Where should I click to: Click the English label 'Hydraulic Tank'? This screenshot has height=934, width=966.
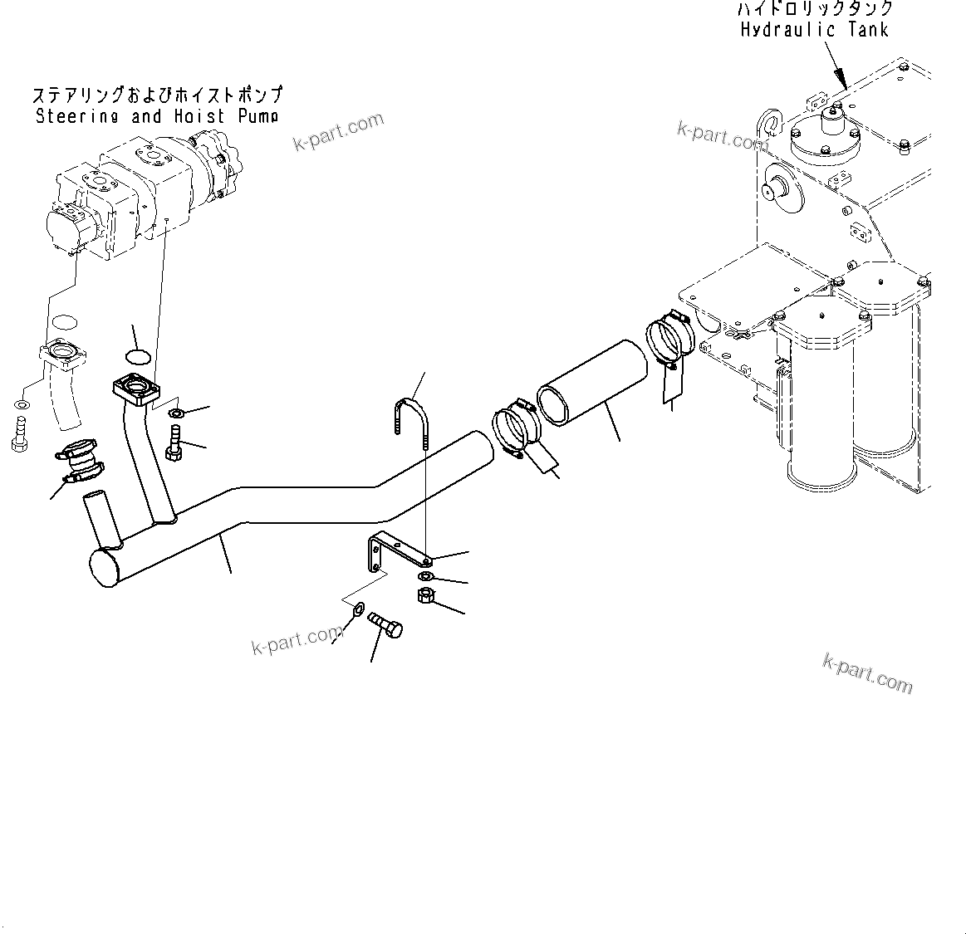pos(814,30)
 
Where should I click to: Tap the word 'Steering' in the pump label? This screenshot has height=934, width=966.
pos(77,116)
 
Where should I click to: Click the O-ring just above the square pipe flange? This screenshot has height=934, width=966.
pos(138,356)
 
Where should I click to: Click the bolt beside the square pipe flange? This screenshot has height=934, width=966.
pos(174,441)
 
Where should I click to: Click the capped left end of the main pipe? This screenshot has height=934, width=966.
pos(106,567)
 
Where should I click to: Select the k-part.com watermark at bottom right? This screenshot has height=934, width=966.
pos(867,672)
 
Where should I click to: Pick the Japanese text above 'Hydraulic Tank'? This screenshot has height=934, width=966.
pos(815,9)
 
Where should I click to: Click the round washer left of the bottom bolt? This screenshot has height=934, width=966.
pos(357,610)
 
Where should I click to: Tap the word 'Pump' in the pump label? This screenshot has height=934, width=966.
pos(257,116)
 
